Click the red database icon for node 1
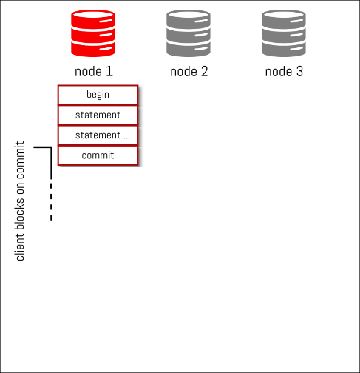click(x=93, y=33)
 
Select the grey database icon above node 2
click(x=189, y=33)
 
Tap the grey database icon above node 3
click(x=284, y=33)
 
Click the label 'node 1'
click(x=94, y=72)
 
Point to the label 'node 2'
click(x=189, y=72)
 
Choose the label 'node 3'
click(x=284, y=72)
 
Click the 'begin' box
click(x=98, y=95)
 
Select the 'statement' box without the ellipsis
click(x=98, y=115)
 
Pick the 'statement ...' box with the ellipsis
click(x=98, y=135)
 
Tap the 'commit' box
click(x=98, y=155)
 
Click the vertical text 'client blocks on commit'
click(x=20, y=201)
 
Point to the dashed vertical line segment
click(x=51, y=201)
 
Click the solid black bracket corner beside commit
click(x=51, y=147)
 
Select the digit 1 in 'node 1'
click(x=109, y=71)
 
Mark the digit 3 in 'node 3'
click(x=299, y=71)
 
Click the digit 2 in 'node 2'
click(x=204, y=71)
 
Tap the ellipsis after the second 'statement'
click(x=126, y=138)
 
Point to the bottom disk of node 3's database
click(x=284, y=49)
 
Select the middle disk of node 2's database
click(x=189, y=35)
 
